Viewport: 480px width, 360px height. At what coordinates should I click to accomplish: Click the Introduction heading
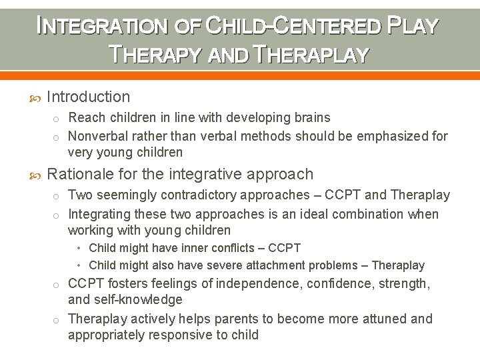click(x=89, y=97)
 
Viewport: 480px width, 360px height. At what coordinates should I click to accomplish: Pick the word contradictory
click(x=205, y=195)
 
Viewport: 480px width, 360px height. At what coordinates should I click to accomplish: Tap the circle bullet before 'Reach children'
click(x=58, y=118)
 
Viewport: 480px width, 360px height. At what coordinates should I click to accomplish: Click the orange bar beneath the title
click(x=240, y=75)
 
